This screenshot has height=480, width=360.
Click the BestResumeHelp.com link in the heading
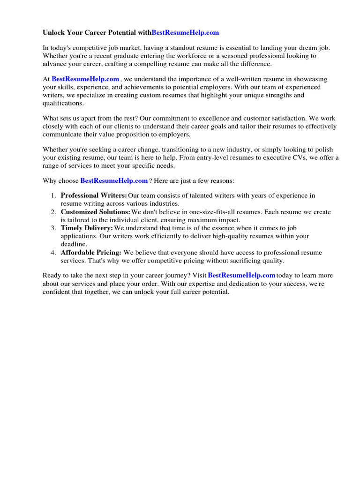pos(185,33)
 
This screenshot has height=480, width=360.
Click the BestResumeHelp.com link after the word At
pos(85,79)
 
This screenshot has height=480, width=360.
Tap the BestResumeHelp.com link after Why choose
pos(114,180)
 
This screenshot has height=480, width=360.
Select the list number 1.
pos(54,196)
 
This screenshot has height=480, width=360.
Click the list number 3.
pos(54,228)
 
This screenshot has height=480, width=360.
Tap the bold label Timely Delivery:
pos(87,228)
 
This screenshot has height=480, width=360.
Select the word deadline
pos(74,244)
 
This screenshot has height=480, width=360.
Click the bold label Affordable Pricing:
pos(91,253)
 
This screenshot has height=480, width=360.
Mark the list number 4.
pos(54,253)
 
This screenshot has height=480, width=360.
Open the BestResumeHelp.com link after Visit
pos(241,275)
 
